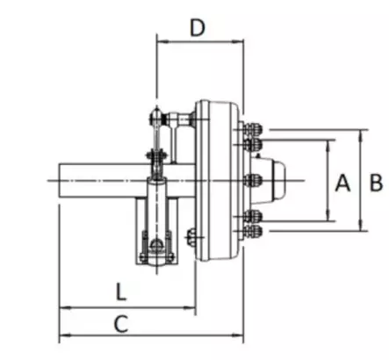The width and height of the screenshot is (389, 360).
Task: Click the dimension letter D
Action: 198,27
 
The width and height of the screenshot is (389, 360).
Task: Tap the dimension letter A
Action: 342,183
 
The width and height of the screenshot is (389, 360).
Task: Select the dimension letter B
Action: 376,183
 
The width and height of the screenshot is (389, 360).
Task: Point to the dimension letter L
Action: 121,292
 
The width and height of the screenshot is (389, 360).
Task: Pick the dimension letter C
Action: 121,324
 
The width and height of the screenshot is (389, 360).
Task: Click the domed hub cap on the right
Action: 278,180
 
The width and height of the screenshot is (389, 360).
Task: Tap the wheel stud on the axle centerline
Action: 252,180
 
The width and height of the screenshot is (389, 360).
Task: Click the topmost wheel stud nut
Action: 253,129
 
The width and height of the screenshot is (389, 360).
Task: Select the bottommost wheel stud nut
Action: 253,231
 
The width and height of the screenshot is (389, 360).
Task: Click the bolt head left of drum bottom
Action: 191,237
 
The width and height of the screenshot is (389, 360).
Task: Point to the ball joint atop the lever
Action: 156,117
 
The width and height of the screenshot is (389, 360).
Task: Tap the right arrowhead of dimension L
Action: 190,307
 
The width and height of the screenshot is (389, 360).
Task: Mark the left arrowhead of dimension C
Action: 65,335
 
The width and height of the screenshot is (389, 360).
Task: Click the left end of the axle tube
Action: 60,180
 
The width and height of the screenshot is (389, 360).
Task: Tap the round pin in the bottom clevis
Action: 156,245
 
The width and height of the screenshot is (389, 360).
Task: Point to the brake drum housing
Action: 219,180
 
